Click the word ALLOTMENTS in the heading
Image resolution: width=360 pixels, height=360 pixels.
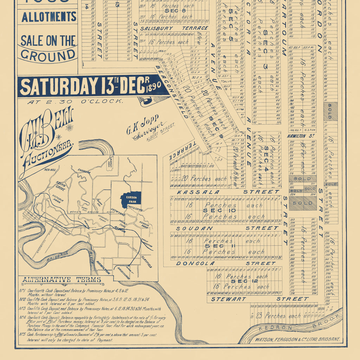49,17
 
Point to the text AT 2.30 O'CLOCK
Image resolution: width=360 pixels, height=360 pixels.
75,101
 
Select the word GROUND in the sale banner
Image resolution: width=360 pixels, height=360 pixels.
48,55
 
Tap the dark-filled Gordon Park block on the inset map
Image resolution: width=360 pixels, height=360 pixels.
130,199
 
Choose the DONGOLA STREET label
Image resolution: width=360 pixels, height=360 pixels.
226,263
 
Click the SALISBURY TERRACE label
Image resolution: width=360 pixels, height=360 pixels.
174,28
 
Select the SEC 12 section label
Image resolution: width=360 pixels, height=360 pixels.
243,282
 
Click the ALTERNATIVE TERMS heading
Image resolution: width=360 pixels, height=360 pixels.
62,280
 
